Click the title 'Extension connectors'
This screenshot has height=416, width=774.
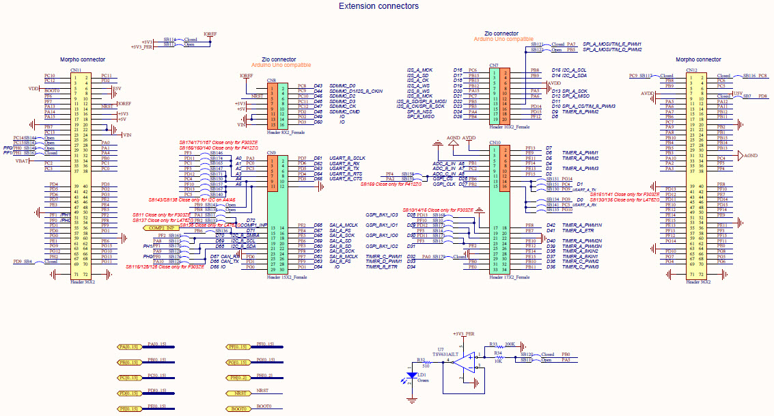pyautogui.click(x=378, y=6)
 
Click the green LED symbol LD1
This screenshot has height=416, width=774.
pyautogui.click(x=411, y=376)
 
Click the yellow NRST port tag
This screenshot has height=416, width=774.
pyautogui.click(x=240, y=393)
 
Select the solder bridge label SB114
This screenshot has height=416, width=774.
pyautogui.click(x=169, y=39)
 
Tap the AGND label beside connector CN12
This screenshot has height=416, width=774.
pyautogui.click(x=750, y=155)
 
